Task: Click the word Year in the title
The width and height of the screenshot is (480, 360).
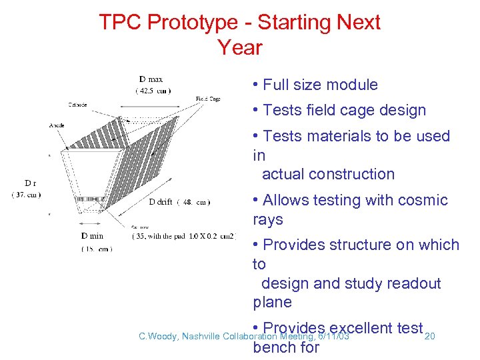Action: (240, 48)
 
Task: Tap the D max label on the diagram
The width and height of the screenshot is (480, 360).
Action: (151, 80)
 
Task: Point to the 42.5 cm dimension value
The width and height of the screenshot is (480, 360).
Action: (153, 91)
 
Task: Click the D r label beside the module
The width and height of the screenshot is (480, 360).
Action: (31, 183)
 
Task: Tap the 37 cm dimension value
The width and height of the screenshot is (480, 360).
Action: (27, 194)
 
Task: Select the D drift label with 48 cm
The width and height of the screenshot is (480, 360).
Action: (179, 202)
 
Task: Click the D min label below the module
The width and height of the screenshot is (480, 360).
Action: (93, 236)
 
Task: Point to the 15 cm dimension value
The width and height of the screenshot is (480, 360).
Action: (97, 248)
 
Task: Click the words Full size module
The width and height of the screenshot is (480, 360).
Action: (320, 85)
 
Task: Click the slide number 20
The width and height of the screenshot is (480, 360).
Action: (430, 336)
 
